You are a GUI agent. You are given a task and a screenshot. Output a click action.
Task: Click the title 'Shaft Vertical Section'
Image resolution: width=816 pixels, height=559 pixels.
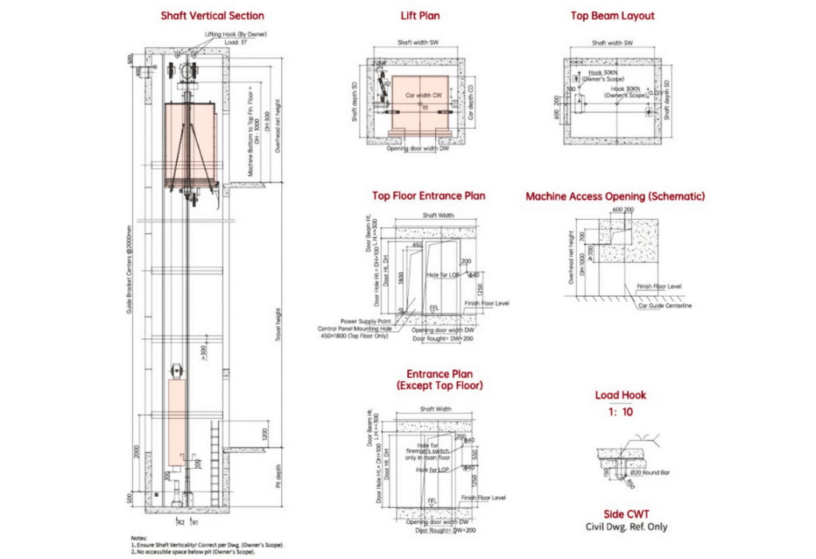212,15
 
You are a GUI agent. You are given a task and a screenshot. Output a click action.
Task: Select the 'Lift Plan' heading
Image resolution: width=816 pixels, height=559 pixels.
420,15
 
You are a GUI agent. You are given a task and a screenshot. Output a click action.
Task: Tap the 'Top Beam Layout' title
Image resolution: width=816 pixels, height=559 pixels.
612,15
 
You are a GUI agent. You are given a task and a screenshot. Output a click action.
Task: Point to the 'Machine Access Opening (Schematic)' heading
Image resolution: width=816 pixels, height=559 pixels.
614,195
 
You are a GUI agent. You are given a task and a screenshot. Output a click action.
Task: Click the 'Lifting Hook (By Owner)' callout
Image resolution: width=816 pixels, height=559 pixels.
235,34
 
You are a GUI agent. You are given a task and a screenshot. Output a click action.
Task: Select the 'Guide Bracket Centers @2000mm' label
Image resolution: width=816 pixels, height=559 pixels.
128,270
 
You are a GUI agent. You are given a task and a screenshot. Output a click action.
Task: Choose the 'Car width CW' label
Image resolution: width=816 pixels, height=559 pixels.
424,95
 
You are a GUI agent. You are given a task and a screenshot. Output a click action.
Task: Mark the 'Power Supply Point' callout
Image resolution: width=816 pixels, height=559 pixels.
359,321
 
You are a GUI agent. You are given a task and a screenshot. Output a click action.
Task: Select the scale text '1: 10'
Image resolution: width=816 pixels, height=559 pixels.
620,412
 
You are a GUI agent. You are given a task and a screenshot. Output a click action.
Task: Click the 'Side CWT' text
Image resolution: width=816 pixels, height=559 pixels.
620,514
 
